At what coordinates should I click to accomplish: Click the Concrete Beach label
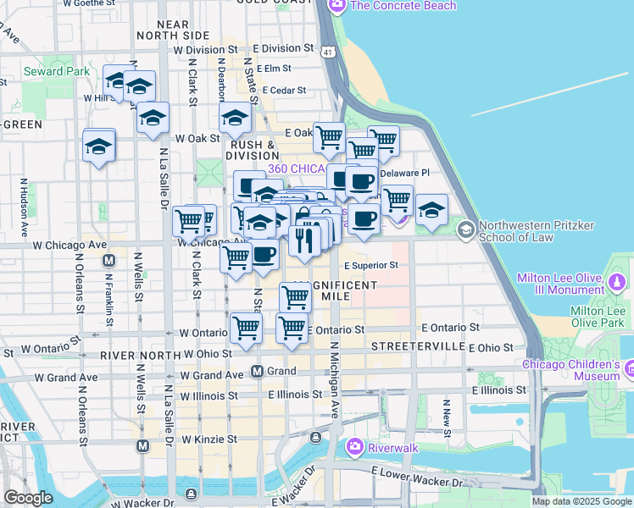tap(403, 6)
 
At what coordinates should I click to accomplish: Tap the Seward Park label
tap(57, 71)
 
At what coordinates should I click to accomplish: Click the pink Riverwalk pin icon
tap(354, 446)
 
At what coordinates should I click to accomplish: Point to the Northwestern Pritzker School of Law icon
tap(465, 229)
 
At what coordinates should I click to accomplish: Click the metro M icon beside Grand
tap(261, 371)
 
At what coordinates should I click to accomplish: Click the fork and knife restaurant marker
tap(303, 240)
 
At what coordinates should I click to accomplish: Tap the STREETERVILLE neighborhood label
tap(418, 347)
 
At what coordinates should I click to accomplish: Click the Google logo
tap(28, 498)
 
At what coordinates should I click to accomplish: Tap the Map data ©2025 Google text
tap(581, 501)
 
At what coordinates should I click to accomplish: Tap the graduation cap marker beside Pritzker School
tap(431, 211)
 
